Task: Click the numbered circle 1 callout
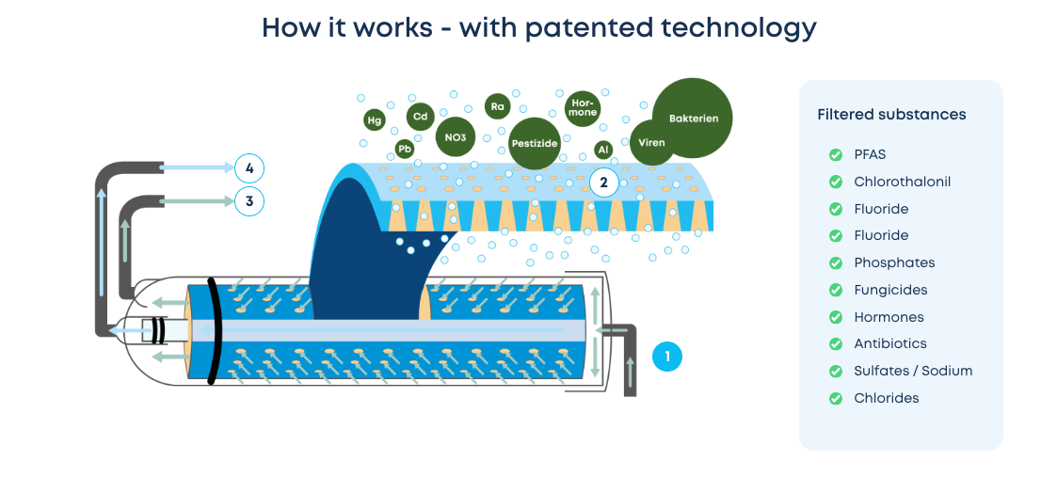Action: tap(666, 357)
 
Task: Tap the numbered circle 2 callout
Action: tap(604, 183)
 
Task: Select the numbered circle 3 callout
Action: tap(249, 200)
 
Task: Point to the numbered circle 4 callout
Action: tap(249, 169)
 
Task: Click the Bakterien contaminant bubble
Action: tap(693, 118)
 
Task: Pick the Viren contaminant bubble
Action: tap(651, 143)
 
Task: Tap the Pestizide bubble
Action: tap(534, 144)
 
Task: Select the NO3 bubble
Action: tap(456, 137)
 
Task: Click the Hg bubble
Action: tap(375, 120)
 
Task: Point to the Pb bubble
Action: tap(405, 149)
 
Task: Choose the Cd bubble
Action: tap(421, 117)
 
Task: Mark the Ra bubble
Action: tap(497, 106)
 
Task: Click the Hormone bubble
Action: tap(583, 108)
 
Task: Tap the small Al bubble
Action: tap(603, 150)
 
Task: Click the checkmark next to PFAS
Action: tap(835, 155)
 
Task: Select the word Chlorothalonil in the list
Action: tap(902, 182)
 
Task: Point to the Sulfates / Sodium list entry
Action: tap(913, 371)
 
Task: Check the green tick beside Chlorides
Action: tap(835, 398)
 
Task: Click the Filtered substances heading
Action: tap(891, 115)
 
